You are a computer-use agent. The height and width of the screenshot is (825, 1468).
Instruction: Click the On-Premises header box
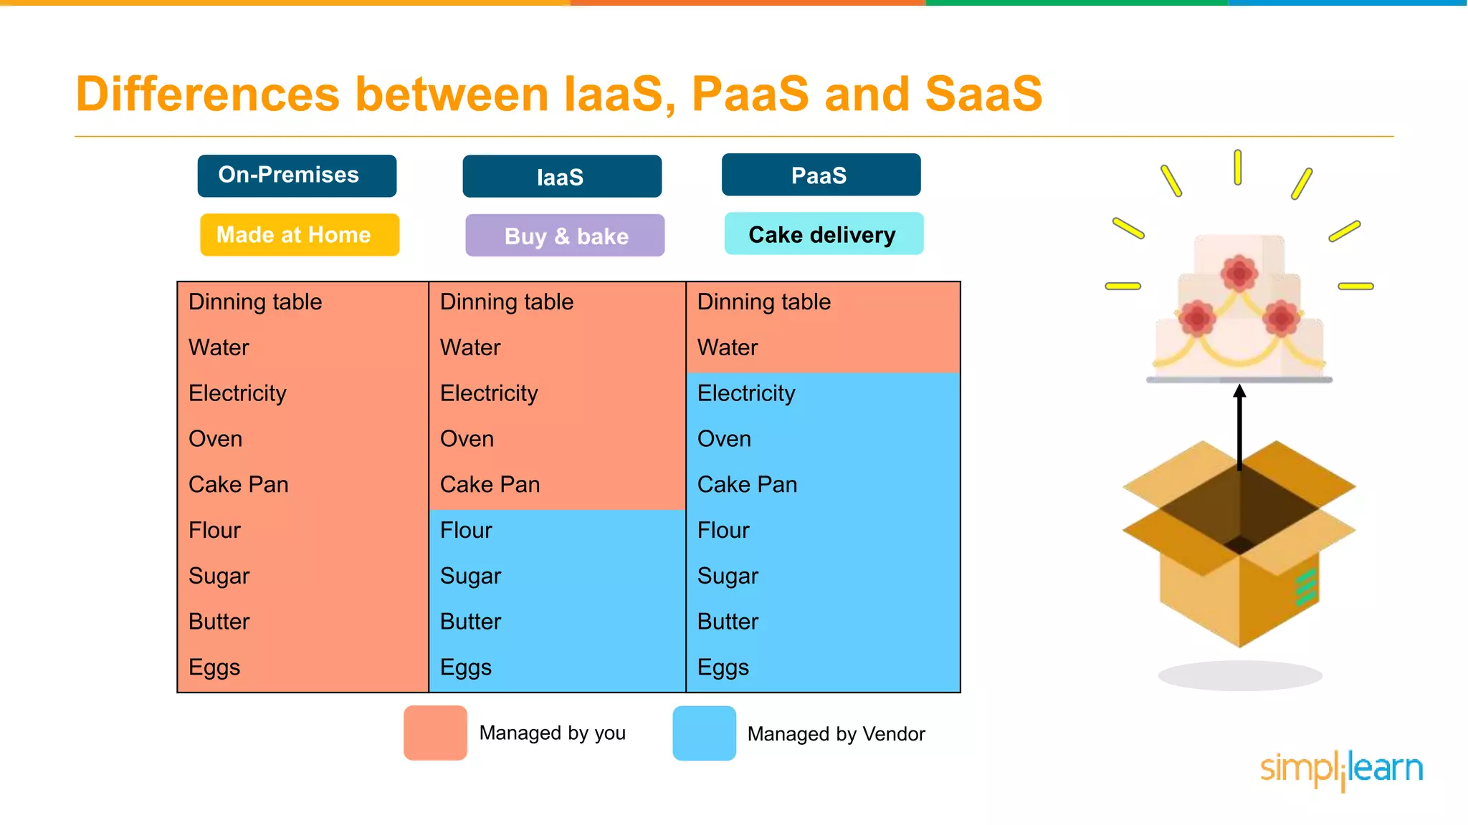[297, 175]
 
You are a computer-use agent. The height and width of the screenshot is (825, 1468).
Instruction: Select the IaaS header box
[562, 176]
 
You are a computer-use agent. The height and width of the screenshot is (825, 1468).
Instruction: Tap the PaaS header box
[821, 175]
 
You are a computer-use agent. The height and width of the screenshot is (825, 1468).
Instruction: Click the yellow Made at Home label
[300, 235]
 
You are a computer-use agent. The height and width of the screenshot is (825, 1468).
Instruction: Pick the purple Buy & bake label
[565, 236]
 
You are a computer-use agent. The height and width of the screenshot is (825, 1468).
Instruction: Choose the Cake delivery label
[824, 234]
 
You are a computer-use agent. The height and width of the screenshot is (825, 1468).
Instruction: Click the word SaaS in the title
[983, 94]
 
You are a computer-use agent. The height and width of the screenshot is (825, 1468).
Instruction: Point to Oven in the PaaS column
[724, 438]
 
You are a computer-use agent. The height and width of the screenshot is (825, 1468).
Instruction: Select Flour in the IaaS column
[466, 530]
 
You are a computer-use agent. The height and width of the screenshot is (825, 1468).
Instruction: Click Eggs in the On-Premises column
[214, 667]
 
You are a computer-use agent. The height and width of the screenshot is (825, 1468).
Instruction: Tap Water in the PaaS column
[727, 347]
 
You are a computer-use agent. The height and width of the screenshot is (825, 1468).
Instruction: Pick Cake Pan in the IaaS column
[490, 484]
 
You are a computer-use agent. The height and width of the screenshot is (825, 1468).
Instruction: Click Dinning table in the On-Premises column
[255, 301]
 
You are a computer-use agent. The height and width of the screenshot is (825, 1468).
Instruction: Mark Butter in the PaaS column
[728, 622]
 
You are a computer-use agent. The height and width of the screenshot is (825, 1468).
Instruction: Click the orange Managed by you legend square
[435, 733]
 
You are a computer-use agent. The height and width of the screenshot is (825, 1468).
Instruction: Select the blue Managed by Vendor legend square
[704, 733]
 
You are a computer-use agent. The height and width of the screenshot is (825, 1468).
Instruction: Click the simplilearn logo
[1341, 768]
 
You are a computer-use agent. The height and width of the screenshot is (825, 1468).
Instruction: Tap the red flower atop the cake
[1239, 273]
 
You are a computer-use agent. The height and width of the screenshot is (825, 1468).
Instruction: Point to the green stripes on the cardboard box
[1306, 586]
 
